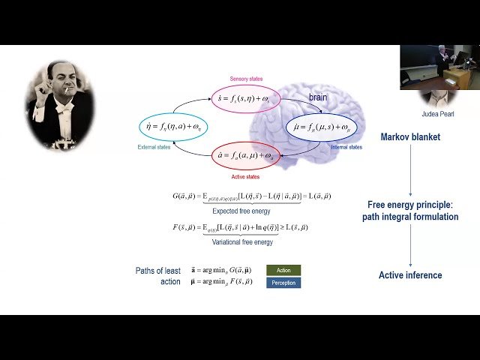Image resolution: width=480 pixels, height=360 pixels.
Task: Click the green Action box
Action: (283, 270)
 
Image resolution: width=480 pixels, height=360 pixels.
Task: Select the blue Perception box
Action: (283, 283)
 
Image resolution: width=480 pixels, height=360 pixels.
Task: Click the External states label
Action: (154, 147)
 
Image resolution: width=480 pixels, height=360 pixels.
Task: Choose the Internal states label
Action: (346, 147)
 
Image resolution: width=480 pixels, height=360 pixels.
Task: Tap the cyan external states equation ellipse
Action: (177, 127)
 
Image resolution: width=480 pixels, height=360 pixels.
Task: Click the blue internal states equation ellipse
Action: (323, 127)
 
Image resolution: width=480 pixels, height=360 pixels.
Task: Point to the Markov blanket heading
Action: (410, 137)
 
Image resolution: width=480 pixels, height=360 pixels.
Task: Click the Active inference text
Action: (410, 275)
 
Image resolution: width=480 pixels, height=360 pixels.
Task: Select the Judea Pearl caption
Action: (437, 114)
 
